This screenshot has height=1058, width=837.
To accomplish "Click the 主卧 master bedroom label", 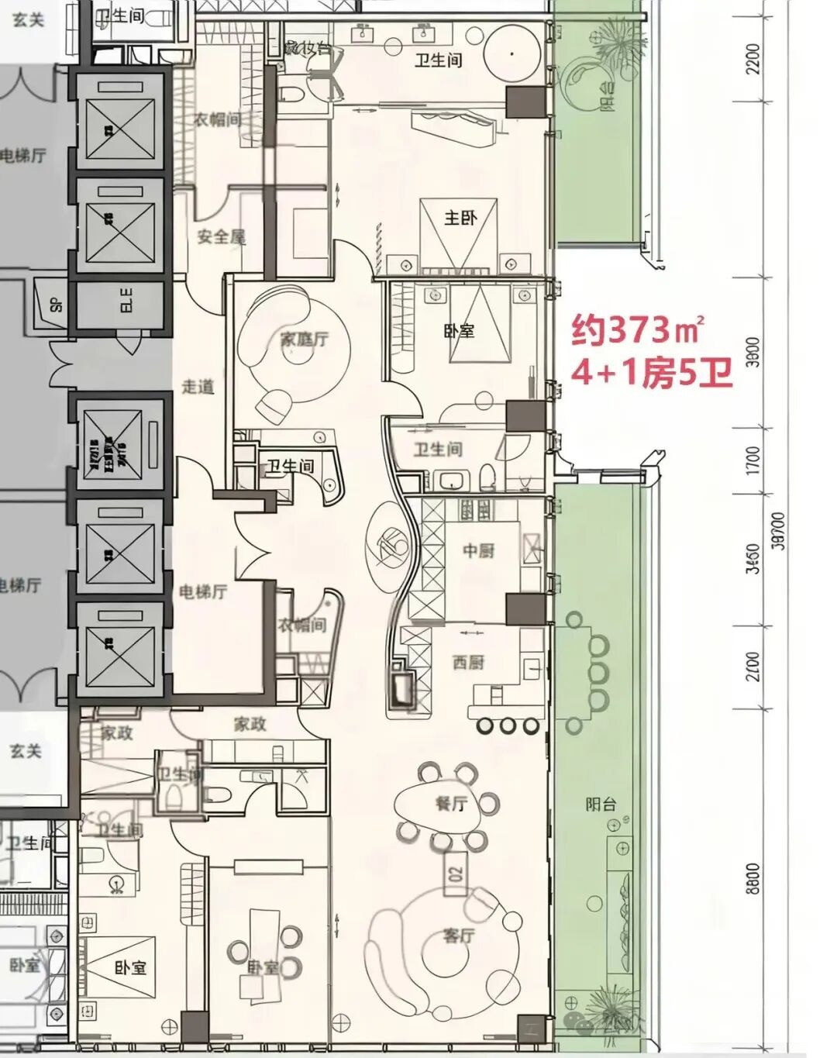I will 460,218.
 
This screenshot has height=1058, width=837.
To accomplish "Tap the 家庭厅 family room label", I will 304,339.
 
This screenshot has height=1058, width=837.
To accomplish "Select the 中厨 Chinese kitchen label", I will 478,550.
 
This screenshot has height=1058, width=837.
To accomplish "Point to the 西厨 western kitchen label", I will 468,662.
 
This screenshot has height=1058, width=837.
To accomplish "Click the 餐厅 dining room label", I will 450,804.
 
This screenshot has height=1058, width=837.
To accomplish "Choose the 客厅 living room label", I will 458,936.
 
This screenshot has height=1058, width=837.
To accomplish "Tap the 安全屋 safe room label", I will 221,236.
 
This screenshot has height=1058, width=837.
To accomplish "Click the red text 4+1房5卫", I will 651,374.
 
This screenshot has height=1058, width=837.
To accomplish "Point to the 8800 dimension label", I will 754,878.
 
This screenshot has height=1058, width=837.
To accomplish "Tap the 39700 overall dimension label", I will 779,531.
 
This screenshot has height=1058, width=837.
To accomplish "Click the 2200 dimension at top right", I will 754,58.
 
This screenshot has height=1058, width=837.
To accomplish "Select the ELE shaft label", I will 126,301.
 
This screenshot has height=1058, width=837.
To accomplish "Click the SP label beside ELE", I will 56,303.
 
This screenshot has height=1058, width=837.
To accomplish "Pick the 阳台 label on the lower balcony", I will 601,804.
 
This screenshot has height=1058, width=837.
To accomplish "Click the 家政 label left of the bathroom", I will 116,732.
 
